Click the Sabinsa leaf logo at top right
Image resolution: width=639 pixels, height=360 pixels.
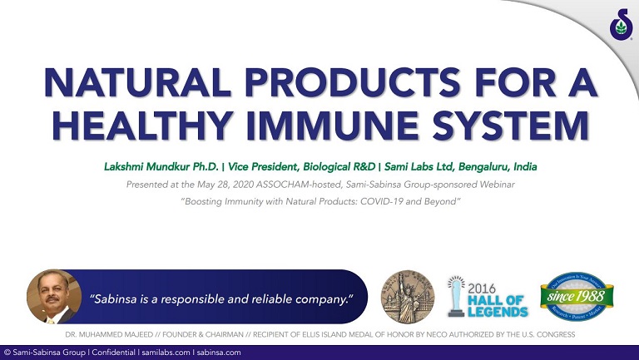pos(620,26)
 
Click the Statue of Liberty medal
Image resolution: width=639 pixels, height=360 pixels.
pos(407,297)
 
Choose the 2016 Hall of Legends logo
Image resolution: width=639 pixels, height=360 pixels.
pos(488,297)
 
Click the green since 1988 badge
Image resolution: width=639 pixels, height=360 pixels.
pos(577,296)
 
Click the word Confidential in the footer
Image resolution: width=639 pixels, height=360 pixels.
pos(111,353)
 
